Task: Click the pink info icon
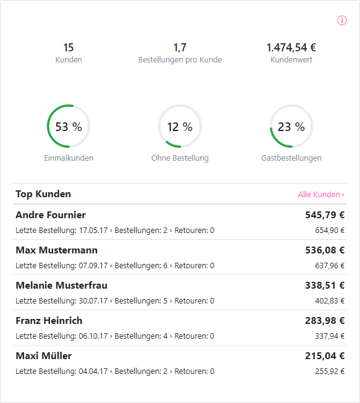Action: click(x=342, y=20)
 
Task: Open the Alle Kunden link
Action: click(x=321, y=194)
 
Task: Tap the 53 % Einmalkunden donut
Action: click(x=69, y=127)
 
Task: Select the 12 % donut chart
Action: click(x=180, y=127)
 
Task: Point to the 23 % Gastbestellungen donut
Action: click(x=291, y=127)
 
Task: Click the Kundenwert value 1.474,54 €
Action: click(x=291, y=48)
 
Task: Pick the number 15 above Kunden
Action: click(x=69, y=48)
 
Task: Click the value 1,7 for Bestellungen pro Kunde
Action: click(x=180, y=48)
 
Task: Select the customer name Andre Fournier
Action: click(x=51, y=215)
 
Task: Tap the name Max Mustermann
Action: click(x=56, y=250)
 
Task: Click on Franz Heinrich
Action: click(x=49, y=321)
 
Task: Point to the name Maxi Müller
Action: click(x=43, y=356)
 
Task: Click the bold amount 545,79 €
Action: click(x=325, y=215)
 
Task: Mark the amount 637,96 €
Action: click(x=330, y=266)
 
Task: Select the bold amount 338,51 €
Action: click(x=325, y=286)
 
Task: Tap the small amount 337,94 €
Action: click(x=330, y=336)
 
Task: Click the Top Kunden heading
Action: click(x=43, y=194)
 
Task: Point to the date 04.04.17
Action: click(x=93, y=371)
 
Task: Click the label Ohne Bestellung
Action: click(x=180, y=158)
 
